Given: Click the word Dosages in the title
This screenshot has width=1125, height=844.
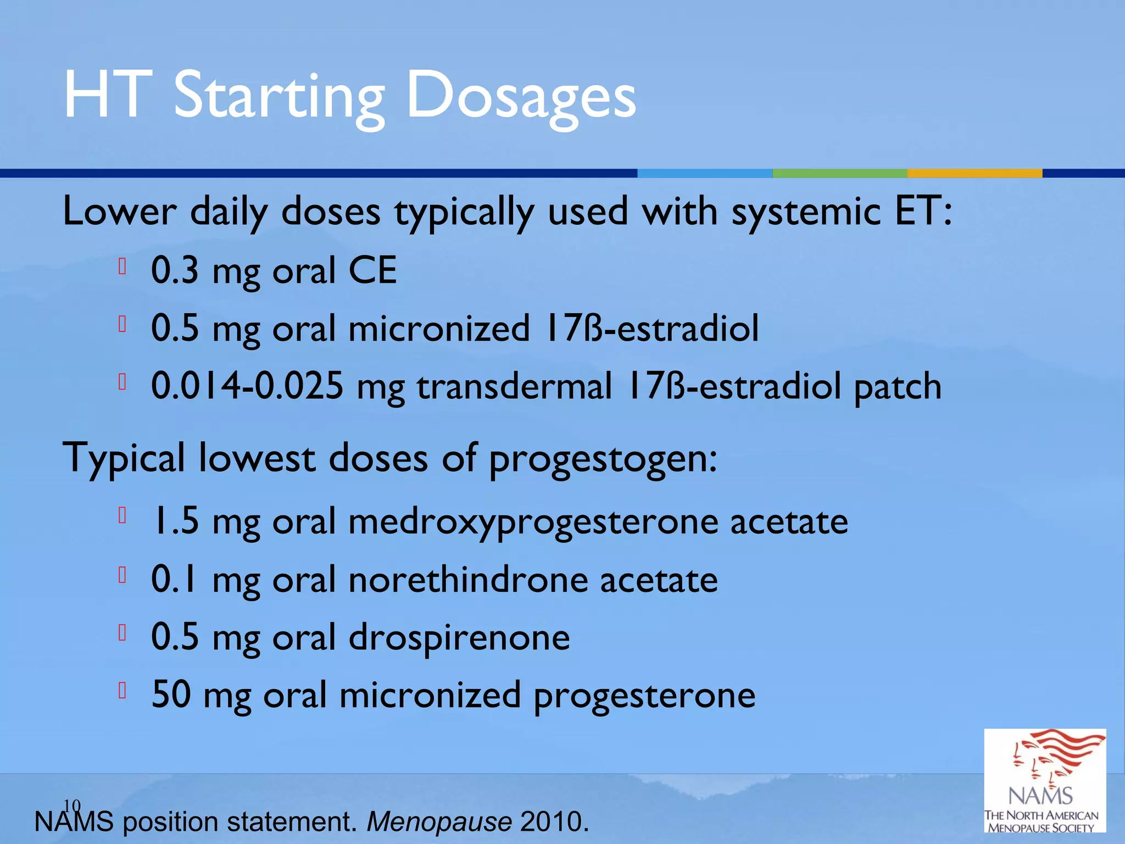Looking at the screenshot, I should (x=521, y=97).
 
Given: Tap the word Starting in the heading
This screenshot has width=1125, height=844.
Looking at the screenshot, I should (x=279, y=97).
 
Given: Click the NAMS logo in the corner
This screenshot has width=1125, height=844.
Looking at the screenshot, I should (x=1044, y=780).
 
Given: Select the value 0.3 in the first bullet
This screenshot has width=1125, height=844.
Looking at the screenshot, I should (x=175, y=270).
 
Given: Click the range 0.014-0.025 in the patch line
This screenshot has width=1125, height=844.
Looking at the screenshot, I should (x=247, y=386).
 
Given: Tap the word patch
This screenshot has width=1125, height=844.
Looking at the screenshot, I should (x=898, y=387).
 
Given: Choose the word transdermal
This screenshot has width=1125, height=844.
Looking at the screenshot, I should (x=514, y=386).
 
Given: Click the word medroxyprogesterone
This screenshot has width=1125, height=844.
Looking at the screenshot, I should (x=533, y=522).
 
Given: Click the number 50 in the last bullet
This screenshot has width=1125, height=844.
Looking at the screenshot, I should (x=171, y=695).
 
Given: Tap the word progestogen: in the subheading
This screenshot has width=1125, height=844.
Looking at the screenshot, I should (x=603, y=459).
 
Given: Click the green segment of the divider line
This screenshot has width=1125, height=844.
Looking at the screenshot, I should (x=839, y=173).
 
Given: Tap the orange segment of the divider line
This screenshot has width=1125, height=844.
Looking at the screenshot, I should (x=974, y=173).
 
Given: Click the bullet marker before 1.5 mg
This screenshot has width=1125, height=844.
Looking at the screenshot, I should (x=122, y=515).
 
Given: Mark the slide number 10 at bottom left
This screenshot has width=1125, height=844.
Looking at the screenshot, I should (x=72, y=806).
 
